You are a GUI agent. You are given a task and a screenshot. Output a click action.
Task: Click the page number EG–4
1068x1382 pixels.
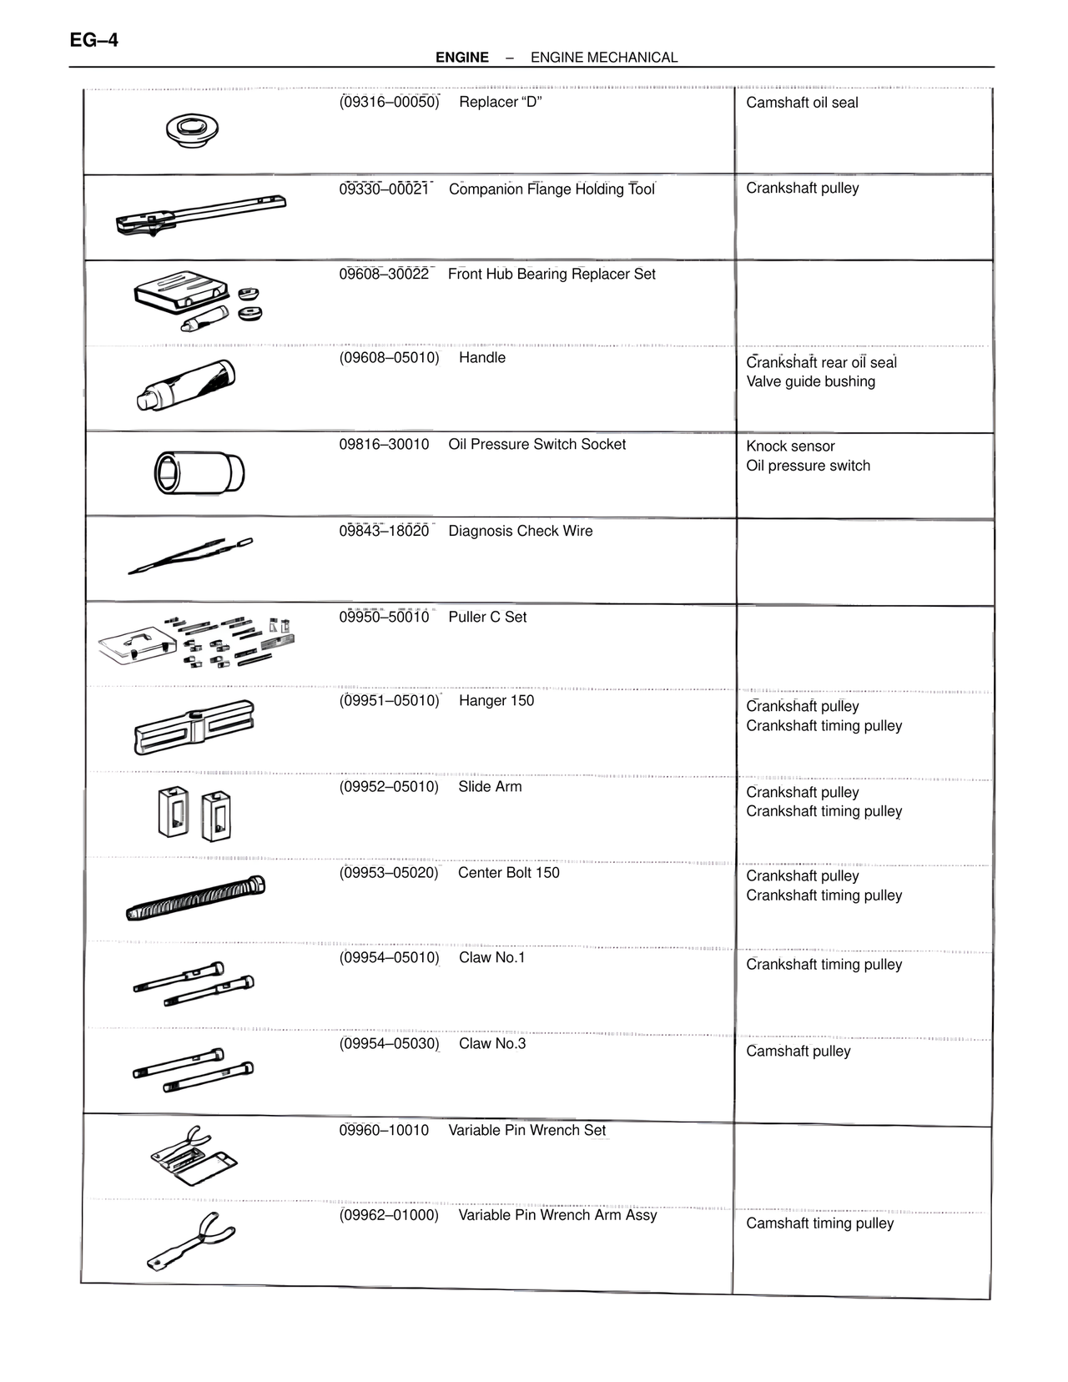coord(94,39)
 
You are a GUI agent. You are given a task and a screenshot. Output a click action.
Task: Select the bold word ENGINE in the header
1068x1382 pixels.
coord(461,58)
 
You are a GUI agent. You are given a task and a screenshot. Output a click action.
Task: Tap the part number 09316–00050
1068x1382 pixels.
coord(389,102)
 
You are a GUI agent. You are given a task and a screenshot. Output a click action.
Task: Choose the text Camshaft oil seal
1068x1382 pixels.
coord(802,103)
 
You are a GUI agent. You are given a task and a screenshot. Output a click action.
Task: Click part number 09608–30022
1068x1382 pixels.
coord(384,274)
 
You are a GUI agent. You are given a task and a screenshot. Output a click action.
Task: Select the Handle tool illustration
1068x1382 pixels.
coord(186,386)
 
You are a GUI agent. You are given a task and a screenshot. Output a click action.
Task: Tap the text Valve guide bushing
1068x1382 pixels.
coord(810,381)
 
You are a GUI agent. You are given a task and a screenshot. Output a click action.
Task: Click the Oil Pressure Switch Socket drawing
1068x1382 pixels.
coord(199,472)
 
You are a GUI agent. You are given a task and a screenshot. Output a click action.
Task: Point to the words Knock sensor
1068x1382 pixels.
coord(790,446)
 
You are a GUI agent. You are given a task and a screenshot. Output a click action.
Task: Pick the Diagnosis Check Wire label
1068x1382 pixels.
coord(521,531)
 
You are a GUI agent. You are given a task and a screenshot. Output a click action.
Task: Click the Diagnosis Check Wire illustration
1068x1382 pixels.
coord(190,556)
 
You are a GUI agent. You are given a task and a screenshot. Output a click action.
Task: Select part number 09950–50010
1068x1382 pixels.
coord(384,617)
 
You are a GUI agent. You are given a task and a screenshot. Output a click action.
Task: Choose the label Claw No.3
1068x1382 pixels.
coord(492,1043)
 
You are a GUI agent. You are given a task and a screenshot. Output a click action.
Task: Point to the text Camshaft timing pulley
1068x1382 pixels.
coord(819,1223)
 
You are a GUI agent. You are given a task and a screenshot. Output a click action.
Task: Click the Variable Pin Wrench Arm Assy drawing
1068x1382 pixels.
coord(191,1240)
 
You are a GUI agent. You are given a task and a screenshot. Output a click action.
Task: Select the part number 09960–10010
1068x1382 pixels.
coord(384,1130)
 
